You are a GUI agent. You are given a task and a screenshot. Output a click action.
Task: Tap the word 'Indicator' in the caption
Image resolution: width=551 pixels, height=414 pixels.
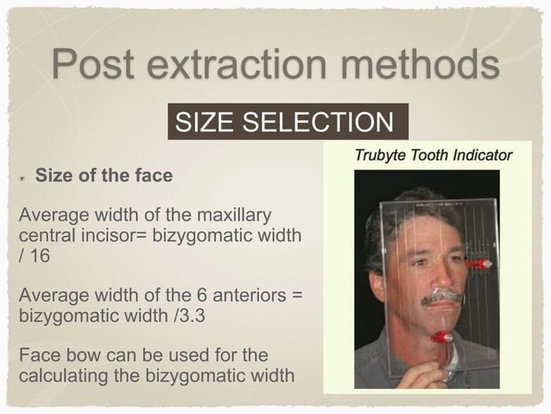click(480, 156)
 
